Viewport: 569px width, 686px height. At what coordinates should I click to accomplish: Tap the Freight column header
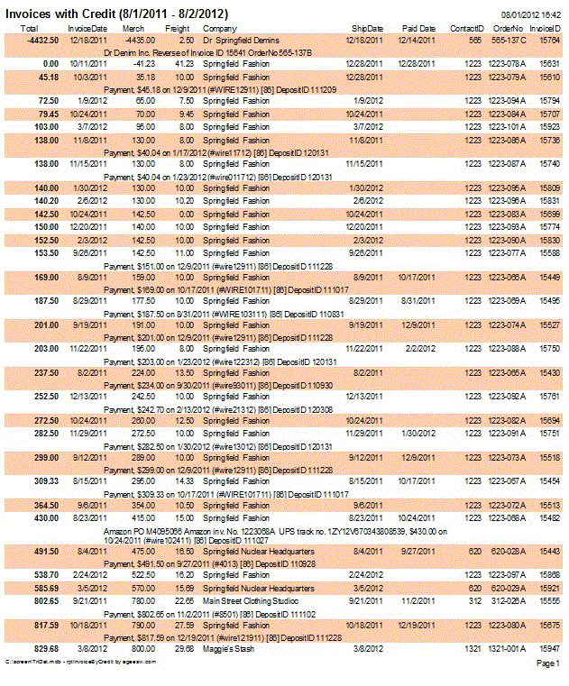pos(178,30)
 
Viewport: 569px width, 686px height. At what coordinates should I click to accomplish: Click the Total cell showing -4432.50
pos(42,41)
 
